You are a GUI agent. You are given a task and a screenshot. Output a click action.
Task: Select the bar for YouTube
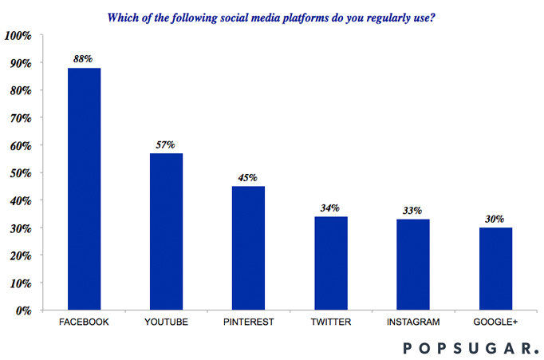click(167, 231)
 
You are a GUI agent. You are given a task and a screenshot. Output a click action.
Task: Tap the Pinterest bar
click(248, 247)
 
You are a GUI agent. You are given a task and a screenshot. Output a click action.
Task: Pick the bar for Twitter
click(330, 263)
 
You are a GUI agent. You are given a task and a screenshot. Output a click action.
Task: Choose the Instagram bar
click(412, 264)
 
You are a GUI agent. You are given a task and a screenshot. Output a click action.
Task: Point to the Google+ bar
click(495, 268)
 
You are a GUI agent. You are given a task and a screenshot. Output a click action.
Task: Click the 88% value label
click(85, 59)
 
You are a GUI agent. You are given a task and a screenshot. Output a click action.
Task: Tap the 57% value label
click(167, 144)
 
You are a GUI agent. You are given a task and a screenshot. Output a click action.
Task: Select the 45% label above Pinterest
click(248, 177)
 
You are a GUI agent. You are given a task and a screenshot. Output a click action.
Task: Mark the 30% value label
click(495, 219)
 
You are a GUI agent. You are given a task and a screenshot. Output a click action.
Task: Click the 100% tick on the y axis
click(18, 35)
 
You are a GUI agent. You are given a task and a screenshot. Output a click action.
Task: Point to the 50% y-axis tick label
click(20, 173)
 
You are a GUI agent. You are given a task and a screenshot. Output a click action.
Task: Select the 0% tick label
click(23, 311)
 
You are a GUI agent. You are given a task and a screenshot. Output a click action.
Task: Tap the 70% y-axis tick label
click(20, 118)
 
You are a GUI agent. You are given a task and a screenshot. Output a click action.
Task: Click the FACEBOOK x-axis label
click(85, 322)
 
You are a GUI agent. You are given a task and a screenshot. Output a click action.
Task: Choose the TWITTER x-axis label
click(330, 322)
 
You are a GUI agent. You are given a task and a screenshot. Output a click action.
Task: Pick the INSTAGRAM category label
click(412, 322)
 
